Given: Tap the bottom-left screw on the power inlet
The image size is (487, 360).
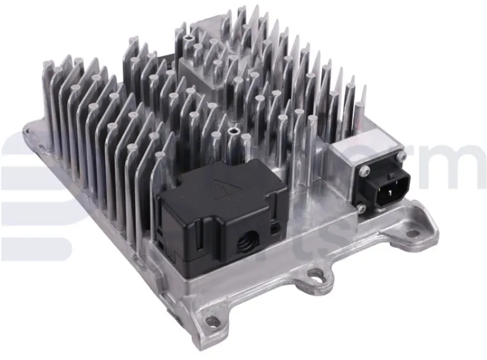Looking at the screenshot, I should tap(362, 207).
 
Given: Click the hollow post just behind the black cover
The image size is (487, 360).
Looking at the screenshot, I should tap(233, 132).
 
